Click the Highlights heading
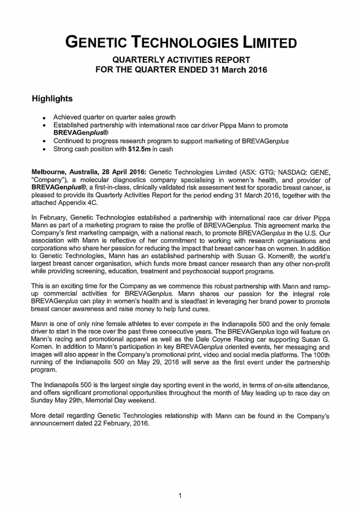[x=52, y=99]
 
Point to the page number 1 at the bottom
[x=180, y=496]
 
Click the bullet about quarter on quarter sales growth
[x=115, y=117]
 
